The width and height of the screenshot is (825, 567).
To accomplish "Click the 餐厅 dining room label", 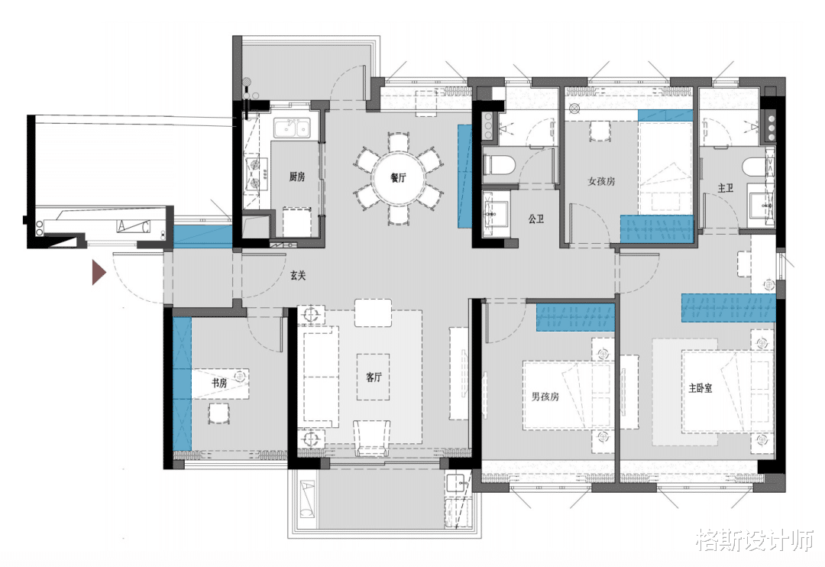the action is point(398,177).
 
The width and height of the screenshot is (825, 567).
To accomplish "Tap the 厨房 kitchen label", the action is point(296,177).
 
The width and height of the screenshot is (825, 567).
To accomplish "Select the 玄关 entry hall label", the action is point(298,275).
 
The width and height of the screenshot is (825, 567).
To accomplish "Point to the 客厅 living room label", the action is point(374,377).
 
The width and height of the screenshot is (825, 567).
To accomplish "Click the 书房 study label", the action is point(219,383).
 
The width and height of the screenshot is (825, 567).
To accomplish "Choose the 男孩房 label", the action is point(545,397).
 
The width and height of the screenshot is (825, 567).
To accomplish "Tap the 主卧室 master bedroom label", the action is point(700,388).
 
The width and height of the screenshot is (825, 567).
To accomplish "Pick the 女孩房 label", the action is point(601,181).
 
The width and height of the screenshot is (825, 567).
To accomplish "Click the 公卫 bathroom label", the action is point(536,219).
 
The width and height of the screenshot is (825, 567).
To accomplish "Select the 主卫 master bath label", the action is point(726,188).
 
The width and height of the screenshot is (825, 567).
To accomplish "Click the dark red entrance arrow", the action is point(99,272).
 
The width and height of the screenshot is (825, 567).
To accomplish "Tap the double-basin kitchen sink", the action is point(291,128).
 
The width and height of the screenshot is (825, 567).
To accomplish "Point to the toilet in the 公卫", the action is point(498,165).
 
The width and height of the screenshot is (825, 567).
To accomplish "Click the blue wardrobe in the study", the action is point(182,384).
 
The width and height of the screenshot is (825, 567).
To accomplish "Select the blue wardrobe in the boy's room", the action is point(576,317).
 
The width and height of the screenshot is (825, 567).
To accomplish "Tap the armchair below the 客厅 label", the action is point(372,438).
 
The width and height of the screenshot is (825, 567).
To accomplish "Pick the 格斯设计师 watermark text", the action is point(755,539).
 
